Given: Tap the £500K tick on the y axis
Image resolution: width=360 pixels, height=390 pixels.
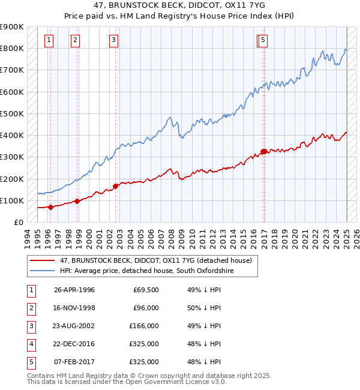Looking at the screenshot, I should (12, 113).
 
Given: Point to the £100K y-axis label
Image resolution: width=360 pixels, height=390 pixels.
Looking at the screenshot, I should (12, 200).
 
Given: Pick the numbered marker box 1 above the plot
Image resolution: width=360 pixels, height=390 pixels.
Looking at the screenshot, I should (49, 40).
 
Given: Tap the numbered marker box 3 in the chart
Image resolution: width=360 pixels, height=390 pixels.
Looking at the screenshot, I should (114, 40).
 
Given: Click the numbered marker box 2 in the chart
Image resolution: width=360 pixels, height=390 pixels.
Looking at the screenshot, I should (75, 40).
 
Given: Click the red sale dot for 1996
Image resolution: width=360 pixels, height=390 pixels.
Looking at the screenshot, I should (50, 208).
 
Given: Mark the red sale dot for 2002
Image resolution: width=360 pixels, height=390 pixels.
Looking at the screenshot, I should (116, 186).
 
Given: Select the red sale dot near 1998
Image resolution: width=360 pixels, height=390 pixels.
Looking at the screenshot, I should (77, 202).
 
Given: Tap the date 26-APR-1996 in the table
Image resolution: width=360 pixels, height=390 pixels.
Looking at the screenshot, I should (74, 290).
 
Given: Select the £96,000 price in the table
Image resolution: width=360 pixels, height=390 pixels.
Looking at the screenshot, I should (146, 308).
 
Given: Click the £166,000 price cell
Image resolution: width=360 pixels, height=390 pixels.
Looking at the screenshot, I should (144, 326).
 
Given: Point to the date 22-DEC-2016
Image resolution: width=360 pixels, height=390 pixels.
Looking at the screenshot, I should (74, 344).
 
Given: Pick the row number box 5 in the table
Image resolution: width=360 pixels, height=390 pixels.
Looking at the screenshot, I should (31, 362).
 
